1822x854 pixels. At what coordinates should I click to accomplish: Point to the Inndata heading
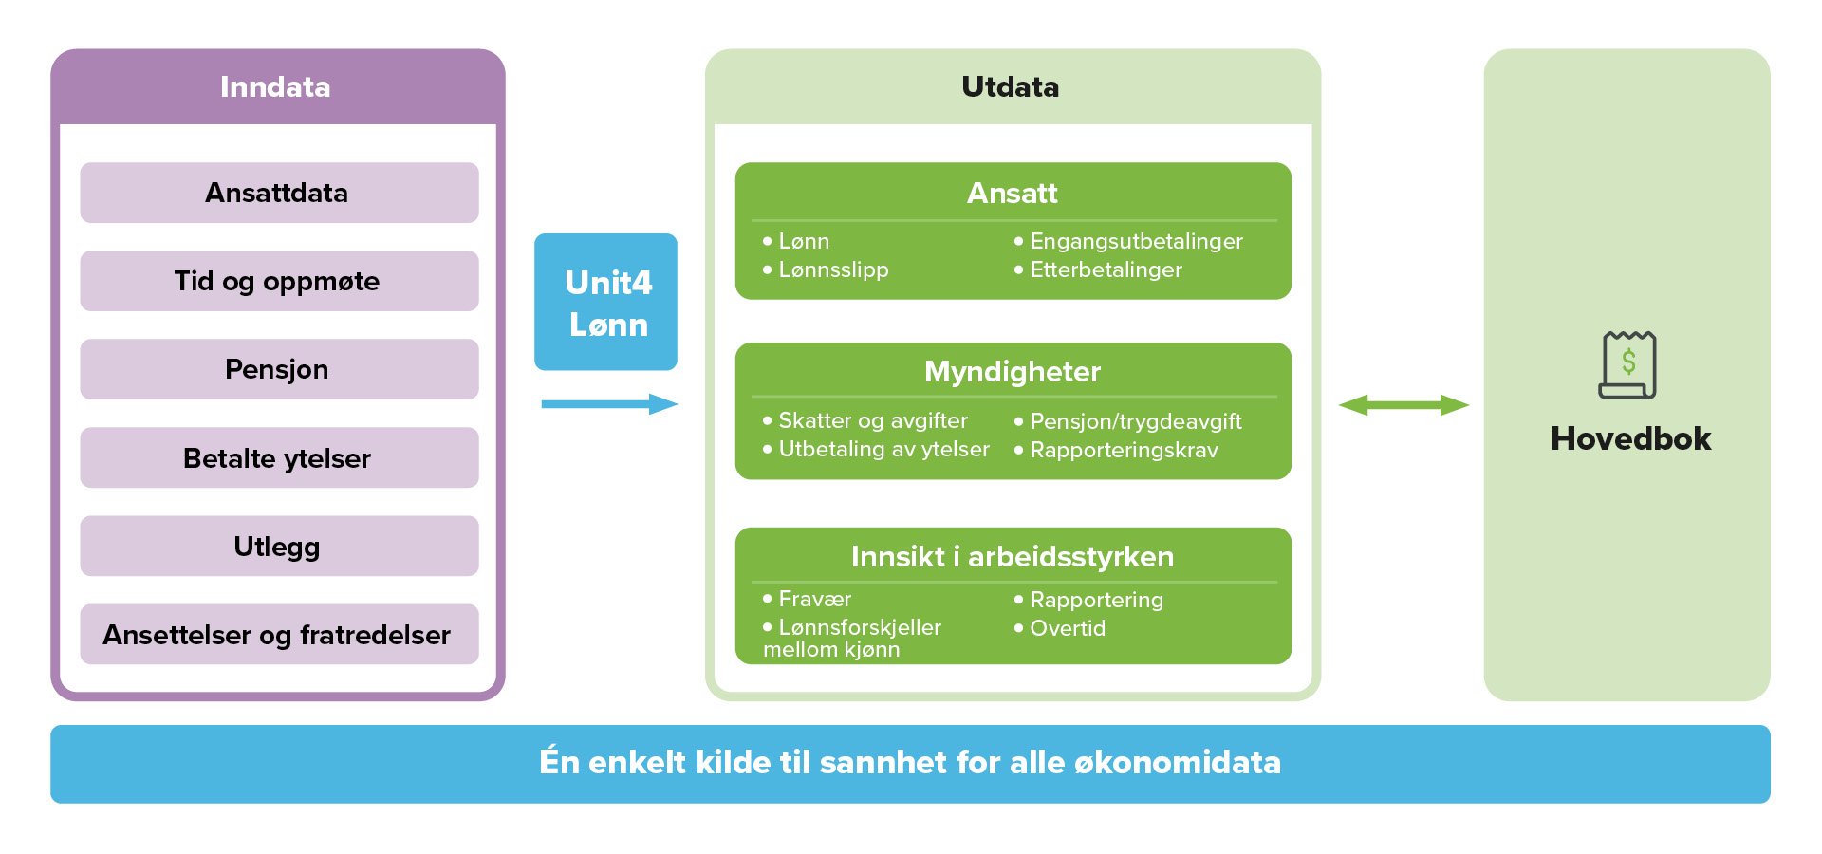[x=275, y=86]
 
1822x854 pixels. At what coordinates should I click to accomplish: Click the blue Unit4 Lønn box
[x=605, y=302]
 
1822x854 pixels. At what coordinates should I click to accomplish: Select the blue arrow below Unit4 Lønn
[x=609, y=404]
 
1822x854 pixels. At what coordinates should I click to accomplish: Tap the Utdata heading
[x=1010, y=86]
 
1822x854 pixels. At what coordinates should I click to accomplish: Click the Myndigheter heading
[x=1013, y=371]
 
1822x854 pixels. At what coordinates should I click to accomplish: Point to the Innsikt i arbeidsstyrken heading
[x=1013, y=556]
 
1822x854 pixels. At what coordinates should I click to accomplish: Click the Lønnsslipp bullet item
[x=826, y=269]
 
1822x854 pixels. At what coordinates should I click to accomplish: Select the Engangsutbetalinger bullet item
[x=1128, y=241]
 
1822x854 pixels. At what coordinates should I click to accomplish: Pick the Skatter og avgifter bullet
[x=865, y=420]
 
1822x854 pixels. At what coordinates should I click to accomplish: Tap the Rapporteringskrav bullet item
[x=1116, y=450]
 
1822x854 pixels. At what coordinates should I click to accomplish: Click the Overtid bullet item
[x=1060, y=628]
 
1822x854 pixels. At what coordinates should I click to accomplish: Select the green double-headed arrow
[x=1404, y=405]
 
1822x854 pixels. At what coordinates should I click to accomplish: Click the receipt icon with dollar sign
[x=1628, y=364]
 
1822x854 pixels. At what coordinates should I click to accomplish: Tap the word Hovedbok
[x=1630, y=438]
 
